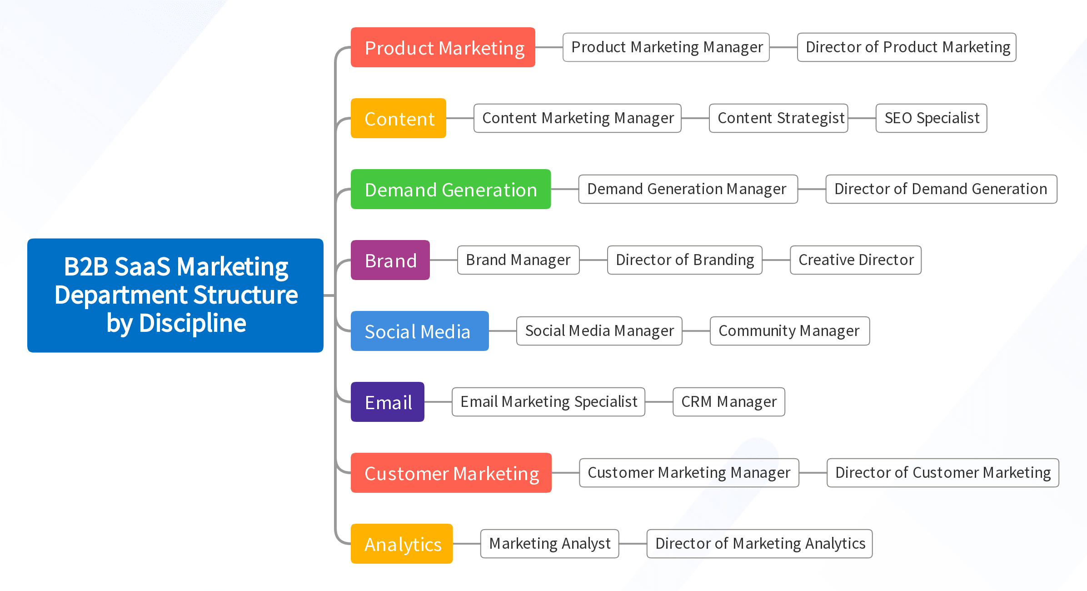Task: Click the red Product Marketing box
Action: (x=443, y=47)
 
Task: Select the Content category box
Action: (x=399, y=118)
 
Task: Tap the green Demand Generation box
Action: (x=451, y=189)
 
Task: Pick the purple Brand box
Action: (x=390, y=260)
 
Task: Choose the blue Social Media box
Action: (x=420, y=331)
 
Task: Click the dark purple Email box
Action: (x=388, y=402)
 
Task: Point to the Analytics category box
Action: (x=402, y=544)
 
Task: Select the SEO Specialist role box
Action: (x=932, y=118)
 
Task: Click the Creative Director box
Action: (x=856, y=260)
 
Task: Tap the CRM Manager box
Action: (x=729, y=402)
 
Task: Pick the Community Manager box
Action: (x=790, y=331)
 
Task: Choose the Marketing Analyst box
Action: (x=550, y=544)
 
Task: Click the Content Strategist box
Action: (x=779, y=118)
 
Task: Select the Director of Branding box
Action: (x=685, y=260)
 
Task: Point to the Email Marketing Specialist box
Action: (x=548, y=402)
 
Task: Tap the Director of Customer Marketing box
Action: (x=943, y=473)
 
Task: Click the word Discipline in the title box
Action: (x=193, y=323)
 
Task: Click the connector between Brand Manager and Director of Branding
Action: (x=593, y=260)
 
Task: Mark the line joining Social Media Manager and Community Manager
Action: (x=696, y=331)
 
